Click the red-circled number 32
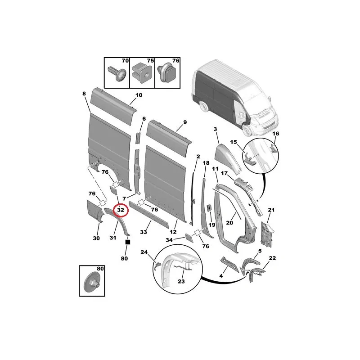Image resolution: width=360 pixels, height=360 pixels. [x=121, y=210]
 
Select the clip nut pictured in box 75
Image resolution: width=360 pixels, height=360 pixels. [x=143, y=73]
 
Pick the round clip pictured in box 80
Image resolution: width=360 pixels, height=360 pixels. [x=91, y=283]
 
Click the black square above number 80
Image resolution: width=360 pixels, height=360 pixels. [x=128, y=242]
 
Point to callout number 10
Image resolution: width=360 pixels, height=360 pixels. [x=139, y=95]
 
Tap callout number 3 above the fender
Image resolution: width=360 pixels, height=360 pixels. [x=215, y=129]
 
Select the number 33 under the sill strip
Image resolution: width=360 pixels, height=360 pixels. [x=144, y=232]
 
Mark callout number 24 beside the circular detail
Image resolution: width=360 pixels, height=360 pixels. [x=144, y=252]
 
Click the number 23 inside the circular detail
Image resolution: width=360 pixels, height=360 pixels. [x=181, y=281]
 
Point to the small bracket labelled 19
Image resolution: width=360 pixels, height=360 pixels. [x=209, y=208]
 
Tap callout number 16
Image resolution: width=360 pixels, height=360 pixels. [x=275, y=133]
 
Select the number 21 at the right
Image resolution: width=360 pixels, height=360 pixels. [x=271, y=210]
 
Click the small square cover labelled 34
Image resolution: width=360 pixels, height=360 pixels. [x=189, y=238]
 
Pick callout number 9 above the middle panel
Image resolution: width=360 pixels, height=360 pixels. [x=185, y=122]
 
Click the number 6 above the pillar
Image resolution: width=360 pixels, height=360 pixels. [x=144, y=119]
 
